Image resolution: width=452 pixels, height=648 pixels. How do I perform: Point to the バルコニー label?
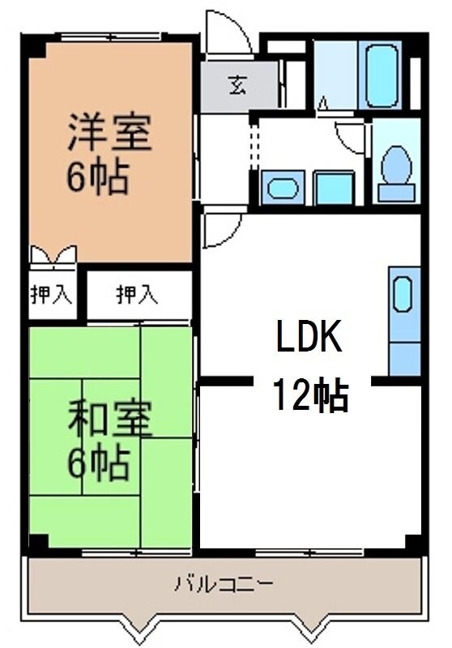(x=225, y=582)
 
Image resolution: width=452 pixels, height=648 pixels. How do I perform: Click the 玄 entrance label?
(x=238, y=83)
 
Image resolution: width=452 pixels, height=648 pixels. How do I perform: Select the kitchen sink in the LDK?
(x=403, y=296)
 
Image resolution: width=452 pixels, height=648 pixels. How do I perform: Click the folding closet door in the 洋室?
(x=53, y=257)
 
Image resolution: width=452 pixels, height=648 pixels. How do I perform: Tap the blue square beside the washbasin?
(x=331, y=188)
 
